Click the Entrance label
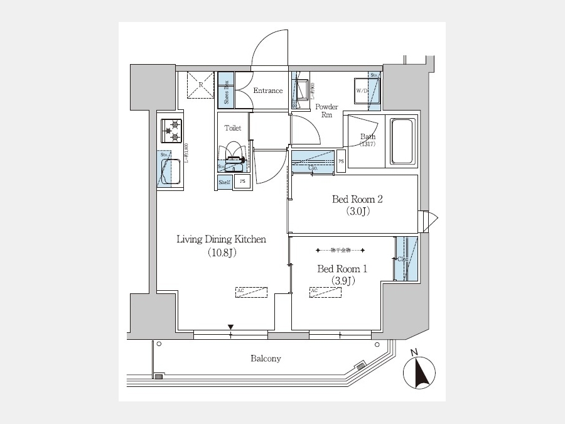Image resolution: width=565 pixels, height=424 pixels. click(x=268, y=90)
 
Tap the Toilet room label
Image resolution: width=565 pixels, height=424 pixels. click(x=233, y=128)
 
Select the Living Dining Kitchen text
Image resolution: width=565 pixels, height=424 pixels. click(x=222, y=239)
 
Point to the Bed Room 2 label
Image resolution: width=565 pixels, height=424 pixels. click(x=357, y=200)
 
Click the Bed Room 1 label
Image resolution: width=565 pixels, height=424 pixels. click(x=342, y=269)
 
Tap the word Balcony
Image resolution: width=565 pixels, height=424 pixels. click(x=266, y=359)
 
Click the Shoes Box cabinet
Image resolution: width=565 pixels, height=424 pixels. click(x=226, y=91)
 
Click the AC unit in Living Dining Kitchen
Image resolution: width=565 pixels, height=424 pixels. click(x=252, y=291)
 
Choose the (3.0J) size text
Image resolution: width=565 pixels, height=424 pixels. click(x=357, y=212)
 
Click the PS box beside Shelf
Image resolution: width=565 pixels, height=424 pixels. click(x=243, y=182)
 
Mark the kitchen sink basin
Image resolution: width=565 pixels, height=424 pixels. click(x=171, y=170)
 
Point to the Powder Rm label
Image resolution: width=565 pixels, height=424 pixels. click(x=327, y=111)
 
